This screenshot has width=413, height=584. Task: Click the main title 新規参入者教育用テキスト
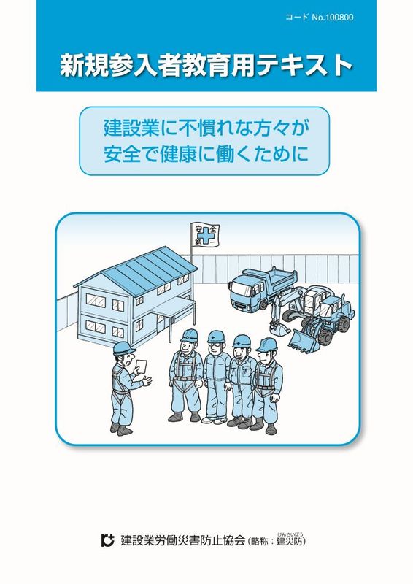click(206, 65)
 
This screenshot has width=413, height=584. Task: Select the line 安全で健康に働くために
click(206, 154)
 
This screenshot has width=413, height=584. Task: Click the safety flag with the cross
click(204, 234)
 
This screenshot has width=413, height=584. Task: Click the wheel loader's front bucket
click(304, 340)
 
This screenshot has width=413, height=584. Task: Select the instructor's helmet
click(124, 348)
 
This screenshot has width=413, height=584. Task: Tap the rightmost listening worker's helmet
click(266, 345)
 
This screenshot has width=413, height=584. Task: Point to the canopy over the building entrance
click(172, 308)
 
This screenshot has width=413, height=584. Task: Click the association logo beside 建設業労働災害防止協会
click(107, 540)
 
